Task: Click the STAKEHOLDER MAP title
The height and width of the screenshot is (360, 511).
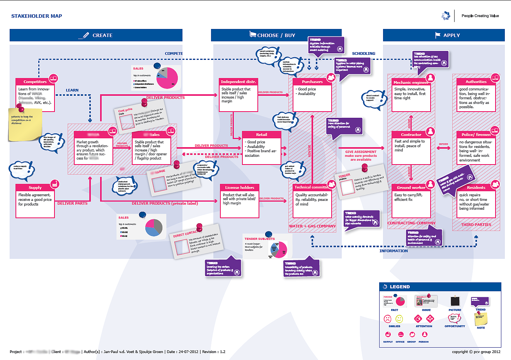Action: [x=37, y=16]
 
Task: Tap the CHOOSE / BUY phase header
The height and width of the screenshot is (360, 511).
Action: [x=276, y=35]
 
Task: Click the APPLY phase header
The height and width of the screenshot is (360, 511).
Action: [x=451, y=35]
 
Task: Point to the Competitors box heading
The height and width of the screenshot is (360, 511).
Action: [x=35, y=82]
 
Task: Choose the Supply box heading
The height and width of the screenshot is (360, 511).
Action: [x=35, y=188]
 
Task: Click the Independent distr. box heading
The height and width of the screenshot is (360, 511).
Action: [x=238, y=82]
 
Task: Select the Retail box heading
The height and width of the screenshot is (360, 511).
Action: [x=261, y=135]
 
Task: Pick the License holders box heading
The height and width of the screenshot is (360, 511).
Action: [x=240, y=188]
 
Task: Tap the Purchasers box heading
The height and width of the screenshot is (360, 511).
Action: [x=312, y=82]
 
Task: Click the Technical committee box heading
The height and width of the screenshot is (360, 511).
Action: [x=311, y=187]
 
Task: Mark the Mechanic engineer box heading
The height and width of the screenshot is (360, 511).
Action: [x=411, y=83]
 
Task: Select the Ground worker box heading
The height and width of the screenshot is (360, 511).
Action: [x=411, y=188]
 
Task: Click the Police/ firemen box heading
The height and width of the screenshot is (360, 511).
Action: [x=476, y=135]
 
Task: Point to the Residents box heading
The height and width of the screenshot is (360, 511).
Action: [x=476, y=188]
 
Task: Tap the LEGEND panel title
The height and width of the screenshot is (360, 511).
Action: [x=400, y=287]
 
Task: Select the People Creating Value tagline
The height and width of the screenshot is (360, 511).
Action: [x=480, y=16]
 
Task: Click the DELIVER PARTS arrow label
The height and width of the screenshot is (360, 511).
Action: [x=72, y=204]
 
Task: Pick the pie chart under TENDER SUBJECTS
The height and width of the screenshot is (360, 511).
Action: [x=279, y=250]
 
